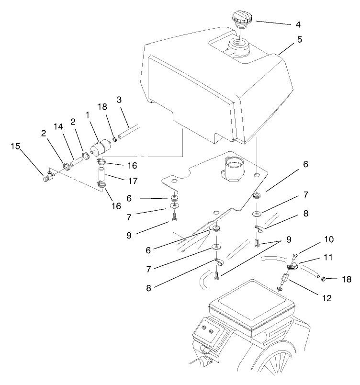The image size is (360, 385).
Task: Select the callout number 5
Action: click(x=299, y=41)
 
